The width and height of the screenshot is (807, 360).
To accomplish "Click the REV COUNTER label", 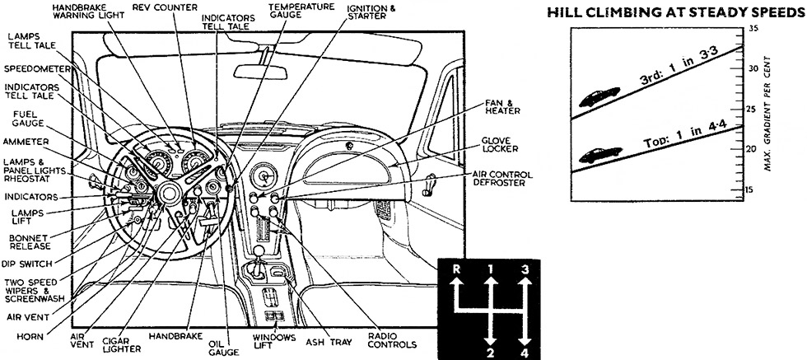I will (164, 7).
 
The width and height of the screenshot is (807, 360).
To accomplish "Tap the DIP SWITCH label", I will (26, 264).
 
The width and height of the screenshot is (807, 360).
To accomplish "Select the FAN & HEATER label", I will (501, 107).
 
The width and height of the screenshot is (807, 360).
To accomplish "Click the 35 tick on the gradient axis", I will (775, 29).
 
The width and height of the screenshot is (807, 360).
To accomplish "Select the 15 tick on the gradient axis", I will (775, 189).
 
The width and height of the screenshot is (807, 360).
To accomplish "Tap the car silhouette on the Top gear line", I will (600, 153).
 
